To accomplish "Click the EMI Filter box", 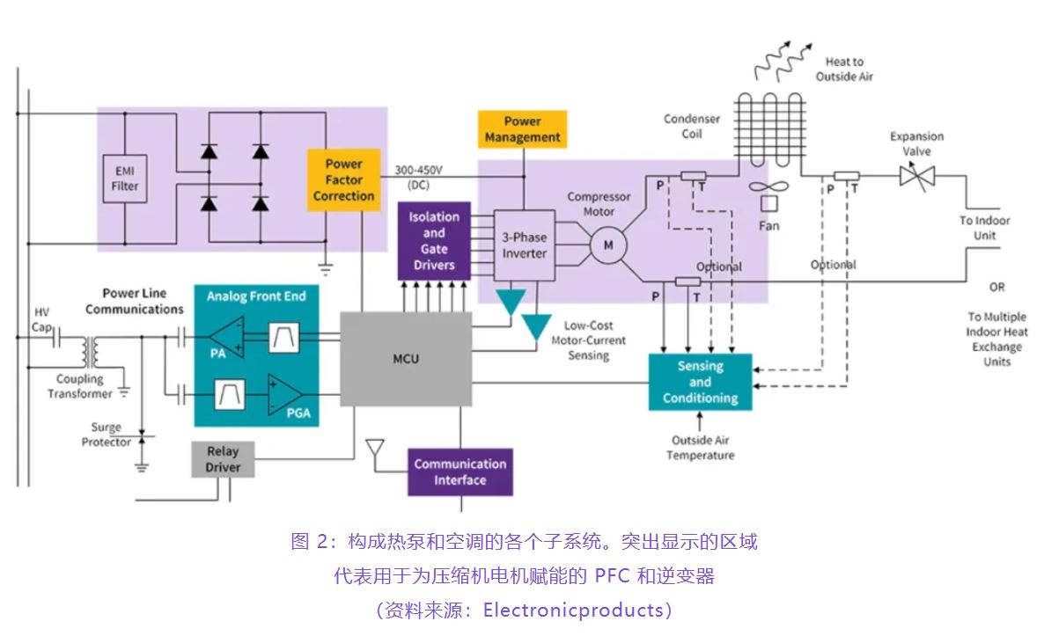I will coord(125,179).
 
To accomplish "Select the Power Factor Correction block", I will coord(343,179).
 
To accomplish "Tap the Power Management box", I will coord(522,129).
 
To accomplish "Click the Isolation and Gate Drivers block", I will coord(434,240).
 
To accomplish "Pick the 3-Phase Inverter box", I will coord(524,245).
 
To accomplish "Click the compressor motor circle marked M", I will coord(607,246).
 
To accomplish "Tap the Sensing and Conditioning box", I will coord(700,382).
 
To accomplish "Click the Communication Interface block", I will coord(460,472).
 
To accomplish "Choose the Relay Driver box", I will coord(223,459).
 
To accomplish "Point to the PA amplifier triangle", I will coord(226,335).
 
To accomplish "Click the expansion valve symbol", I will coord(916,176).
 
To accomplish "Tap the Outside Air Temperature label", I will coord(700,448).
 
